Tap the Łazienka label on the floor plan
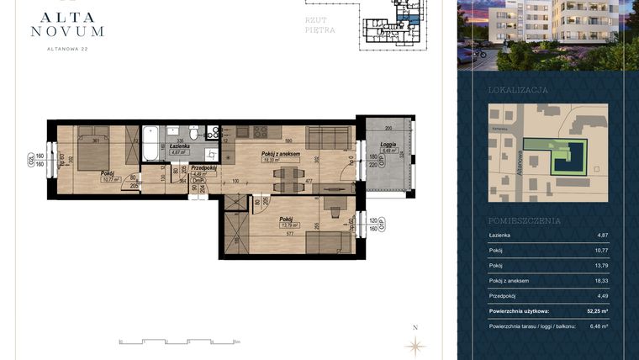177,146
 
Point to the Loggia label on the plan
388,146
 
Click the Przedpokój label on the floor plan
204,167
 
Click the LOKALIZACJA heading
518,89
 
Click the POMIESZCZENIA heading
525,220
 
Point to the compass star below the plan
414,344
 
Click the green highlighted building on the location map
566,156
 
